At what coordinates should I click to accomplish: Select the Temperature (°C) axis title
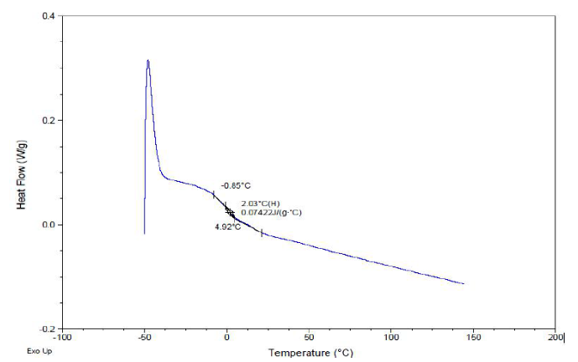point(310,353)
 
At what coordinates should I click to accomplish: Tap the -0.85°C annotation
point(236,185)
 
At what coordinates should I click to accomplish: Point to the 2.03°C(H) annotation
point(260,204)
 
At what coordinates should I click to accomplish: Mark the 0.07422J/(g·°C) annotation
point(271,213)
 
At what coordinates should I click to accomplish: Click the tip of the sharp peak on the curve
point(148,60)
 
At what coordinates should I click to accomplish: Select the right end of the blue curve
point(464,283)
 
